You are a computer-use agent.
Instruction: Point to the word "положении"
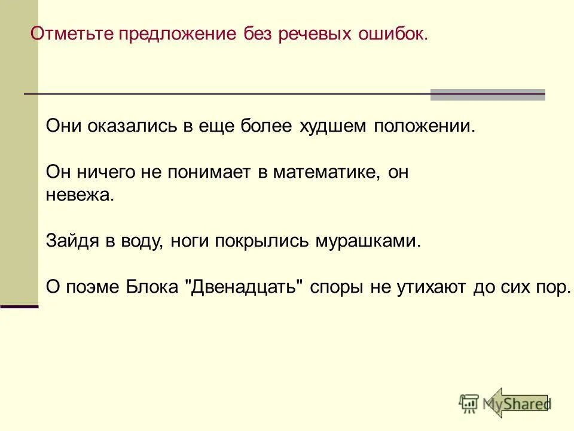tap(424, 127)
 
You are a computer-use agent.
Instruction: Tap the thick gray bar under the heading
tap(487, 95)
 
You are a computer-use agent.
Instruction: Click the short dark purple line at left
tap(19, 306)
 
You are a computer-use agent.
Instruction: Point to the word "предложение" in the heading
tap(177, 34)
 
